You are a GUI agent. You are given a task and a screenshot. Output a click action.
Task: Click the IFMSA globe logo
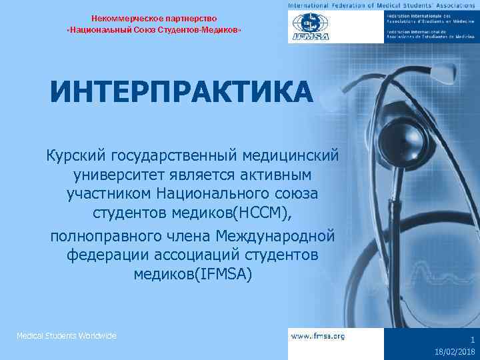pos(309,27)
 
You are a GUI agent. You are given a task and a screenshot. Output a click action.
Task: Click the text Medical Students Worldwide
pos(67,335)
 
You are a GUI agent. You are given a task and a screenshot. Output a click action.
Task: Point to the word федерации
pos(107,255)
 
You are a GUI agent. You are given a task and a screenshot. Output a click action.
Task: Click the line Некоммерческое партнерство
pos(154,18)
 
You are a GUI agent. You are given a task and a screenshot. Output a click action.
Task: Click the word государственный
pos(180,156)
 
